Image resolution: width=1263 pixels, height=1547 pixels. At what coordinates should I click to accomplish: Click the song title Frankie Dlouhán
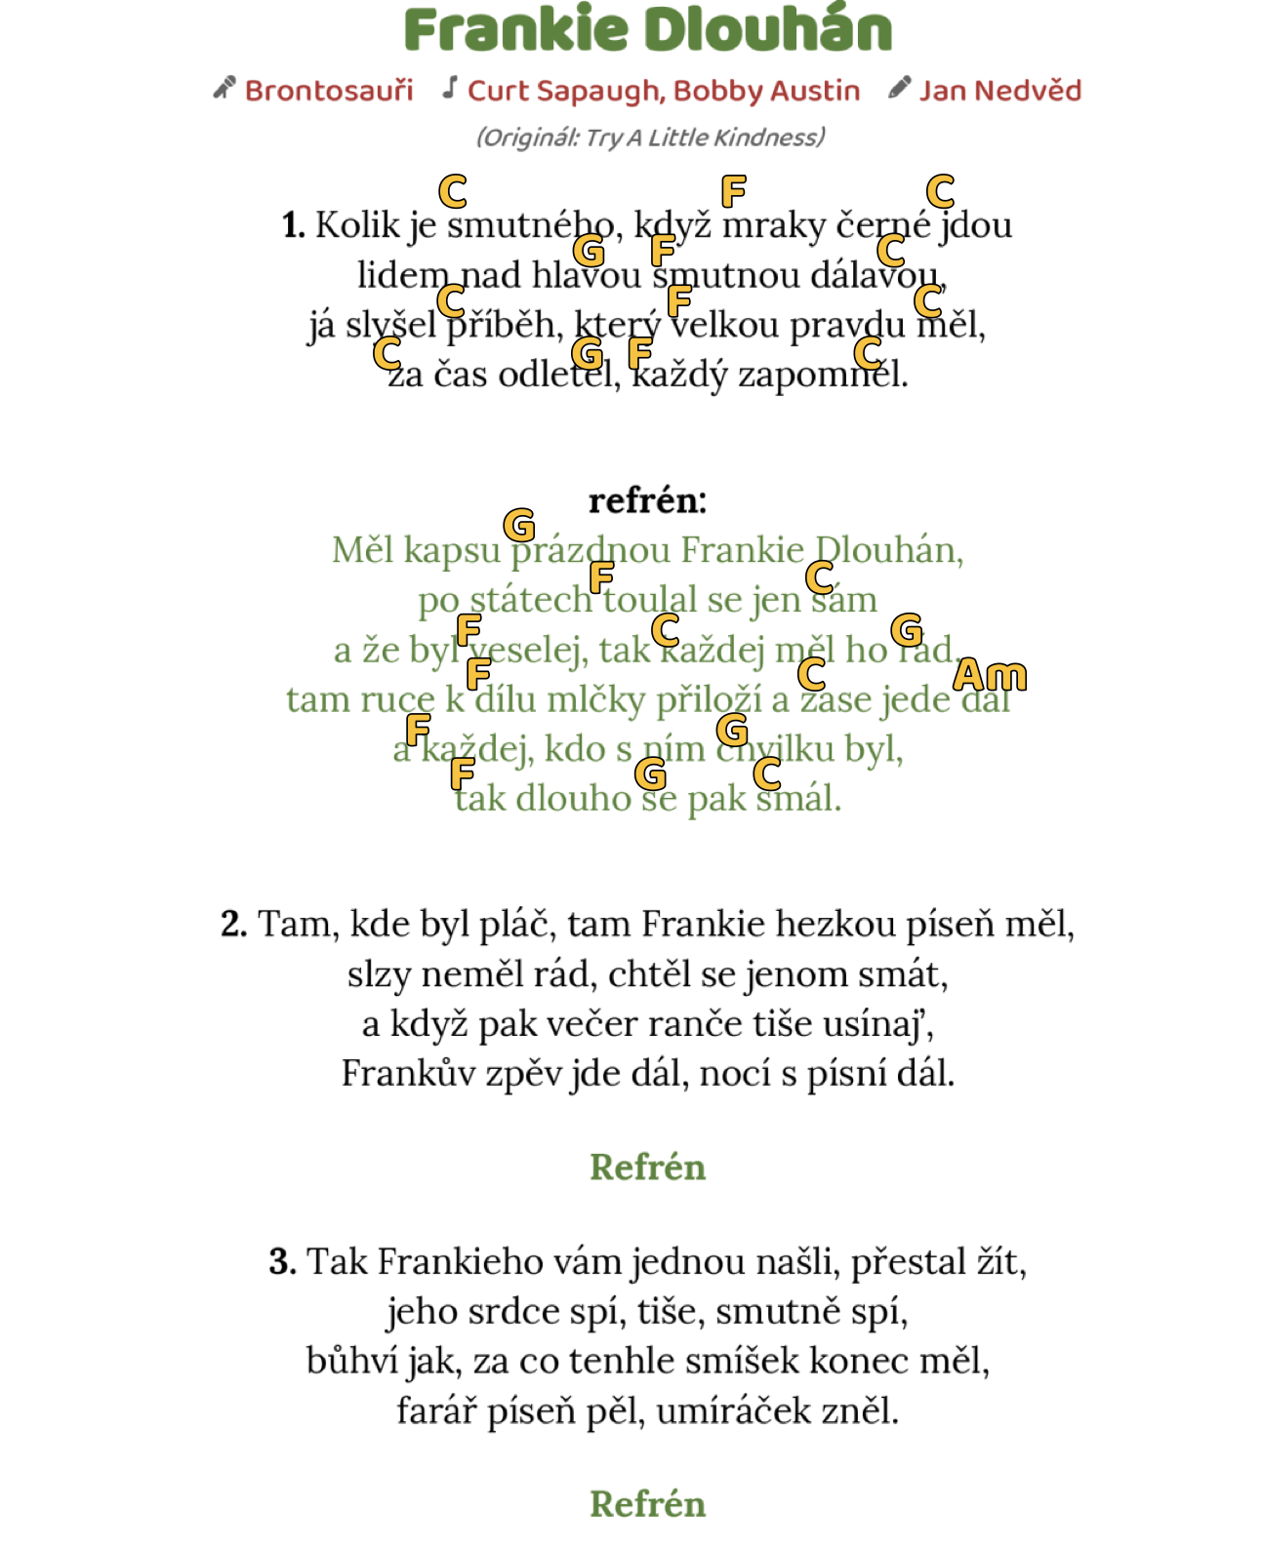tap(648, 30)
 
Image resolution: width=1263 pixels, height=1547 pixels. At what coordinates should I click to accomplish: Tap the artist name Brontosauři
tap(329, 91)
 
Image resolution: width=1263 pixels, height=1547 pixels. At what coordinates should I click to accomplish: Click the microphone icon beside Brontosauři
tap(224, 89)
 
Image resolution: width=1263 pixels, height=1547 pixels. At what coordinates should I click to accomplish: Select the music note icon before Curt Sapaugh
tap(450, 88)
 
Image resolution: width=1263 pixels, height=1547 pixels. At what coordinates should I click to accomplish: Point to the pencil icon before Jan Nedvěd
tap(899, 89)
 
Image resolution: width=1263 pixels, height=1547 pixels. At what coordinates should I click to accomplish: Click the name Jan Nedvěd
tap(999, 91)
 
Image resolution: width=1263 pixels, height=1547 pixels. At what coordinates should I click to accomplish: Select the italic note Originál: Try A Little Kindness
tap(650, 138)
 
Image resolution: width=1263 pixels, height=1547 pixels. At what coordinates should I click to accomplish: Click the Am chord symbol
tap(990, 675)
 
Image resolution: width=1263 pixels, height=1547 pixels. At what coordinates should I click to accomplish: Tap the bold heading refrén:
tap(647, 500)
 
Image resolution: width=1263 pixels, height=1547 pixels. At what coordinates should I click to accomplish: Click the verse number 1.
tap(292, 225)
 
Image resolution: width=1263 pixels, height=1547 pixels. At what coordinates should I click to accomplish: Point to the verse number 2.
tap(232, 924)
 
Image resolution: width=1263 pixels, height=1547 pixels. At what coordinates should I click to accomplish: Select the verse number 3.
tap(281, 1261)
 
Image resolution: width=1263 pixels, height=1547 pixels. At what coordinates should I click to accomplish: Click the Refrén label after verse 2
tap(647, 1167)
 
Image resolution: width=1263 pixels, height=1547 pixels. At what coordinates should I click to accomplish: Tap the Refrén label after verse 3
tap(647, 1503)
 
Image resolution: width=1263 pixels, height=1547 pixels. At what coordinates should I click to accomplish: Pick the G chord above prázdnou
tap(519, 525)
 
